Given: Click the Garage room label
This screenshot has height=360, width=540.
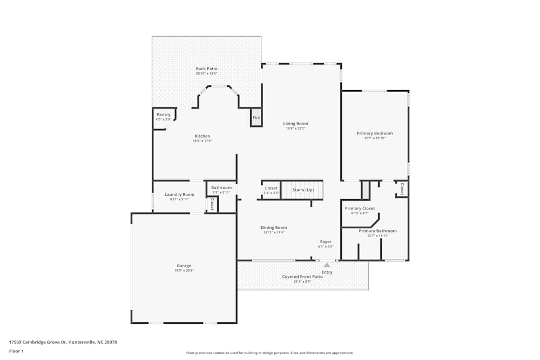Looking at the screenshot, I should pos(184,266).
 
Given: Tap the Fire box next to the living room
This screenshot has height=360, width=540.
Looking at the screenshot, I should pos(256,118).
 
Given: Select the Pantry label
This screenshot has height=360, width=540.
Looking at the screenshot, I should pos(163,114).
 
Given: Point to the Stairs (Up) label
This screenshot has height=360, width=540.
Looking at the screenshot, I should pos(303,190).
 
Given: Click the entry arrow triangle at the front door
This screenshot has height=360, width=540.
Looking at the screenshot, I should pos(327,265).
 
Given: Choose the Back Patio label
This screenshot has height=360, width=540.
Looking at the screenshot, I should pos(206,69).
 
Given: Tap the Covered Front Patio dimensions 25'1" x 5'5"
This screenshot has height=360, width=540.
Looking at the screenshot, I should pos(297,281).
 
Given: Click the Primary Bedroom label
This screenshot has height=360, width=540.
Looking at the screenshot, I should pos(374,133).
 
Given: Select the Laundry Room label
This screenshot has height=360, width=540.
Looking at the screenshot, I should pos(179,194).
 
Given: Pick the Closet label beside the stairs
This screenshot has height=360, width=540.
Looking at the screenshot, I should pos(271,188).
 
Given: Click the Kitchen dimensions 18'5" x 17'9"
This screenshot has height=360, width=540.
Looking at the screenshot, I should pos(202,141).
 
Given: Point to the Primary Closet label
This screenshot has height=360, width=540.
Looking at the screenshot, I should pos(360,208).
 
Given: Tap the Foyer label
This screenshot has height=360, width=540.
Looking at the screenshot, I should pos(326,242).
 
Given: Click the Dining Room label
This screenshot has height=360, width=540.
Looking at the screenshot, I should pos(274,228).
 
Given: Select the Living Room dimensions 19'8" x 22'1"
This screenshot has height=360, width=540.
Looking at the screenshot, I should pos(295,128).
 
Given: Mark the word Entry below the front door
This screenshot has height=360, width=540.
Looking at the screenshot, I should pos(327,272).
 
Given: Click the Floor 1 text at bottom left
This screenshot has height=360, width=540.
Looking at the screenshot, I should pos(16,351).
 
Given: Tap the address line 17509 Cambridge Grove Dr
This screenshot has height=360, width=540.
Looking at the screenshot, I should pos(63,342).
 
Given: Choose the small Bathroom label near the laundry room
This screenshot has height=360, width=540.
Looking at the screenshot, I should pos(221,188).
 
